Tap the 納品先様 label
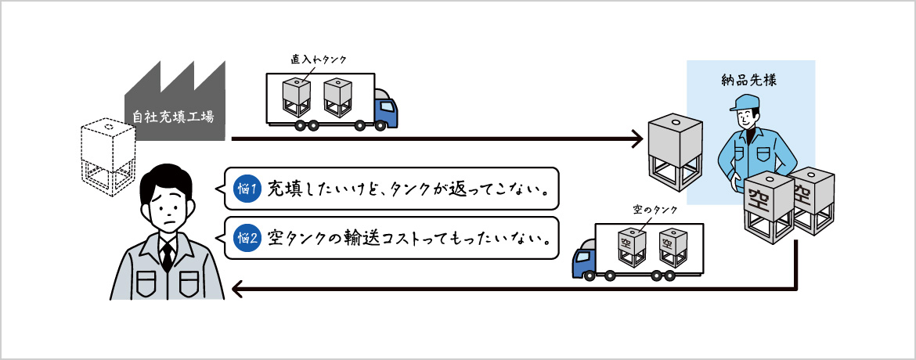749,80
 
